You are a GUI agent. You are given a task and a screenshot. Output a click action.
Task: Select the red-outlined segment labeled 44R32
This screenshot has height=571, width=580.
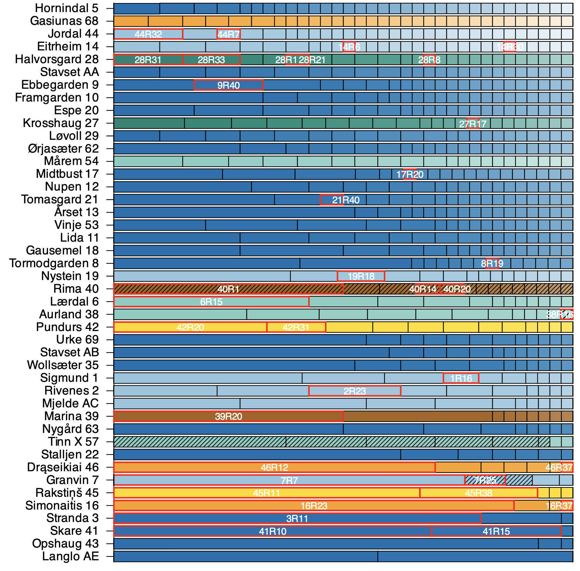coord(148,34)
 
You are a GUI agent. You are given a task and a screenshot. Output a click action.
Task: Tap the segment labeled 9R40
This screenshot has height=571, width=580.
coord(229,85)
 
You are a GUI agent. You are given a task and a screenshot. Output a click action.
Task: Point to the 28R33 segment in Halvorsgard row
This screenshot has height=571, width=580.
coord(211,59)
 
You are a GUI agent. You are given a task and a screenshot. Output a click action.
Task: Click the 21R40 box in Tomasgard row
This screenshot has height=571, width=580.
coord(332,200)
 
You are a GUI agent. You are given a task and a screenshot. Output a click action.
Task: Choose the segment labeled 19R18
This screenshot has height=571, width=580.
coord(361,276)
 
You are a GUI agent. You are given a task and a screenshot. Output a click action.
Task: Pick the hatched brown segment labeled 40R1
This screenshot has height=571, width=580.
coord(229,289)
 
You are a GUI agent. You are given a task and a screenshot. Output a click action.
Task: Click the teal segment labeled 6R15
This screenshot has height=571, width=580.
coord(211,302)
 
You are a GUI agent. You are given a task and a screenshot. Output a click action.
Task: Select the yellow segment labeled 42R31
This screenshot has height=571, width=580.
coord(296,327)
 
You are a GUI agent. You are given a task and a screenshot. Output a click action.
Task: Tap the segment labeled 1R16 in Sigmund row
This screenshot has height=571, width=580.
coord(461,378)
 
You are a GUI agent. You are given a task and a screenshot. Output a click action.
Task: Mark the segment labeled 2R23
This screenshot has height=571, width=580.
coord(355,391)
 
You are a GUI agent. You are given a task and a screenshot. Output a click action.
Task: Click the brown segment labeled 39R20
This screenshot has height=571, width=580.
coord(229,416)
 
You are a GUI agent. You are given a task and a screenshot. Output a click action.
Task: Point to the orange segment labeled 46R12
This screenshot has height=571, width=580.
coord(274,467)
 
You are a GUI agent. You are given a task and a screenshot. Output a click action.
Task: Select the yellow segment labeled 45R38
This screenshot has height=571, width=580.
coord(478,493)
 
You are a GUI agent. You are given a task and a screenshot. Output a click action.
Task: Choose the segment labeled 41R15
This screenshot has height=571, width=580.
coord(496,531)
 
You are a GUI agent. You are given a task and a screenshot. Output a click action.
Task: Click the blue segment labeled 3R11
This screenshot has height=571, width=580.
coord(297,519)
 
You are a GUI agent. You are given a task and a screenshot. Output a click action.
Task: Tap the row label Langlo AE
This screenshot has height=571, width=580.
coord(70,557)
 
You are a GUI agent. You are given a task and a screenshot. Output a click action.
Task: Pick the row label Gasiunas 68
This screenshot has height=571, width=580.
coord(64,21)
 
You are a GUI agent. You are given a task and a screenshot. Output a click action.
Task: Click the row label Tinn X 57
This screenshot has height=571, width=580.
coord(73,442)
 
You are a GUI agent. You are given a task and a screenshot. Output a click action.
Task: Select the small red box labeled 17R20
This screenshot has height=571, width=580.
coord(409,174)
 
